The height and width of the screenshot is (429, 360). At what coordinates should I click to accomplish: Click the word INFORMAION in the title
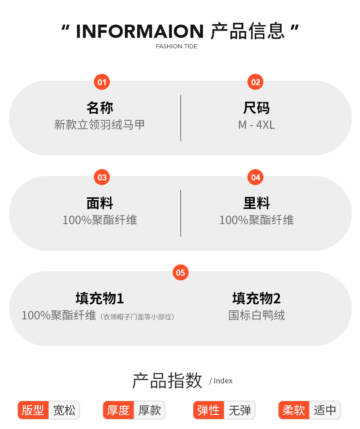point(139,31)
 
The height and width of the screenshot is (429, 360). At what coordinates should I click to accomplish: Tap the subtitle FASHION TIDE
point(176,47)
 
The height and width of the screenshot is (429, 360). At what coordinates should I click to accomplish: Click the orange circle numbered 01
point(102,82)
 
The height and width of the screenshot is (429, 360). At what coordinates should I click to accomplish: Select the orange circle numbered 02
point(256,82)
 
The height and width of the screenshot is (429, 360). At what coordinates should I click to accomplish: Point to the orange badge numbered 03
point(102,177)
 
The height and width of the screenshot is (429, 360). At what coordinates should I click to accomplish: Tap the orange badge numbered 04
point(256,177)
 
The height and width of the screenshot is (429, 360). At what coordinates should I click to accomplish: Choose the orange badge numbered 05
point(180,273)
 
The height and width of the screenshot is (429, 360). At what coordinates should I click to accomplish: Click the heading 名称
point(100,108)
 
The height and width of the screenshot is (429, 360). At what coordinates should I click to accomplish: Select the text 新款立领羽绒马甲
point(100,124)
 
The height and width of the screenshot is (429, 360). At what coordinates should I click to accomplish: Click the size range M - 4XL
point(257,124)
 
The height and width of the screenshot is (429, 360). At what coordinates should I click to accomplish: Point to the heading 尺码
point(257,108)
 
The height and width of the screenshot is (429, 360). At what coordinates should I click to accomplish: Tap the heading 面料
point(100,203)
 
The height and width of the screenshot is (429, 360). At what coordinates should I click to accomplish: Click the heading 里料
point(257,203)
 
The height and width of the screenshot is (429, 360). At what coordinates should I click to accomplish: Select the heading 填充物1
point(100,299)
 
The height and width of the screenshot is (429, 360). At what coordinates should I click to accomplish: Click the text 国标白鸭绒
point(257,315)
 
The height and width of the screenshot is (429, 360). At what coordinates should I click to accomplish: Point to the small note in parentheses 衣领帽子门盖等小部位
point(138,316)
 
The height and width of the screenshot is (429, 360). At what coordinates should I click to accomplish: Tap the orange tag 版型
point(33,410)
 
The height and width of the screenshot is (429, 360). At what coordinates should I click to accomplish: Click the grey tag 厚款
point(150,410)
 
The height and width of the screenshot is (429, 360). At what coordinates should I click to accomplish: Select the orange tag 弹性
point(209,410)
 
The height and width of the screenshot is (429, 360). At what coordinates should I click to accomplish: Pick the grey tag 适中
point(325,410)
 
